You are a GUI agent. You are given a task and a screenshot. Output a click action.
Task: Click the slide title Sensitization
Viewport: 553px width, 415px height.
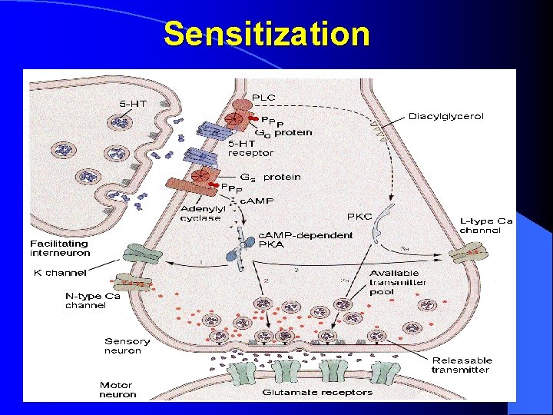(267, 35)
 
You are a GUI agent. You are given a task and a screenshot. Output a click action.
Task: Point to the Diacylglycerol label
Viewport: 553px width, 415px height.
(446, 116)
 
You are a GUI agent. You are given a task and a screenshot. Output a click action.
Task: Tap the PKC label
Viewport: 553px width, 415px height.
(359, 216)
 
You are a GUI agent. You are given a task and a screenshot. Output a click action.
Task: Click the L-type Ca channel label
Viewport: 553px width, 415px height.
(486, 226)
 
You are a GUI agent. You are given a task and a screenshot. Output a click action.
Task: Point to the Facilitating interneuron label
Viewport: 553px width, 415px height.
(61, 248)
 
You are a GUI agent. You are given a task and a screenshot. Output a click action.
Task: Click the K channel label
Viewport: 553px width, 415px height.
(60, 272)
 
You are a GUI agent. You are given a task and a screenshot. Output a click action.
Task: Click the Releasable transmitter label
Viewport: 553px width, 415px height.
(462, 364)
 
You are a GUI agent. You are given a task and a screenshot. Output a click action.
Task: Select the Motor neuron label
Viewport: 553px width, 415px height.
(116, 390)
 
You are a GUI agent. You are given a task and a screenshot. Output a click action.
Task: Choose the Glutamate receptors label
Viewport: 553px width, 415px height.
(317, 392)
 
